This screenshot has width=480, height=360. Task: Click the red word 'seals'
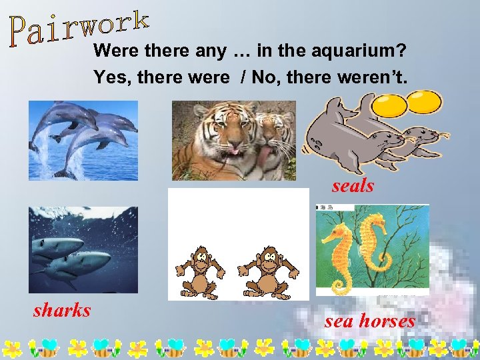click(353, 186)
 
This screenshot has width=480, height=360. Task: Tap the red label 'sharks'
click(62, 310)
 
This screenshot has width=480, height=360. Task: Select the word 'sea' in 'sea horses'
click(339, 321)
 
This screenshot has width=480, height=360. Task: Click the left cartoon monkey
click(198, 271)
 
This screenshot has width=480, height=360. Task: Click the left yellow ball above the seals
click(389, 104)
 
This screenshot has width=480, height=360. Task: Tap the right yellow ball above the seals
click(424, 101)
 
